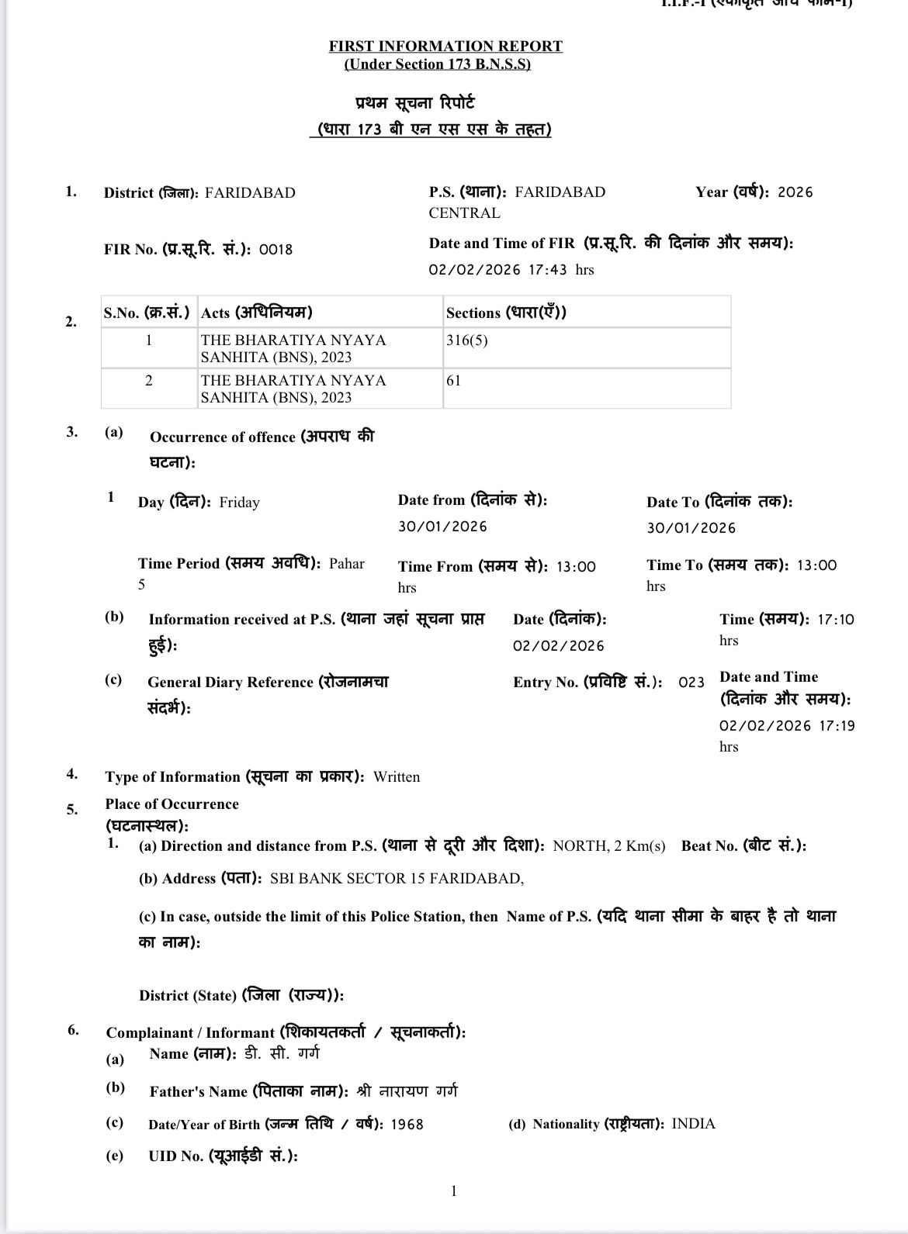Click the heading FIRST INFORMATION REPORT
(x=445, y=47)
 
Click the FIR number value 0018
(x=276, y=250)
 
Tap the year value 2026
(x=795, y=192)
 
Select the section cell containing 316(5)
(x=467, y=340)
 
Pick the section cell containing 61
(x=454, y=381)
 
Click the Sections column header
(x=506, y=313)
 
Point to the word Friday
(x=239, y=503)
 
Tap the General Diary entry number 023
(x=691, y=683)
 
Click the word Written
(x=397, y=777)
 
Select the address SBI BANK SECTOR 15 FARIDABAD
(x=397, y=879)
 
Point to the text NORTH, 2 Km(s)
(x=609, y=846)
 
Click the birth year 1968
(x=407, y=1125)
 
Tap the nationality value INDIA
(x=693, y=1124)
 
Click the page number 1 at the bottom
(x=454, y=1191)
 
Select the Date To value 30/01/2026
(x=691, y=528)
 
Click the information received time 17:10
(x=836, y=620)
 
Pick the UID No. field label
(x=223, y=1156)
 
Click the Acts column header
(x=256, y=313)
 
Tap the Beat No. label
(x=743, y=846)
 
